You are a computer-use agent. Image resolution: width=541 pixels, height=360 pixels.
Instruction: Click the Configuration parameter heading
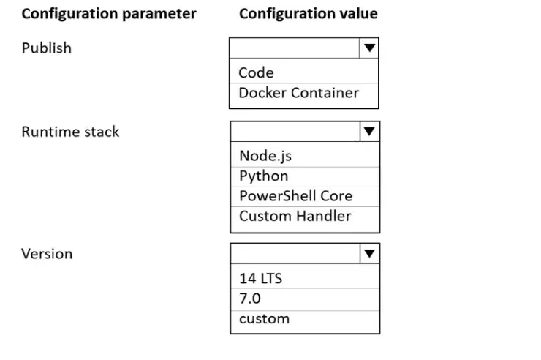(109, 14)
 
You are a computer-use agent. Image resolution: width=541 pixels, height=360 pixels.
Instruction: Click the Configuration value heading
(309, 14)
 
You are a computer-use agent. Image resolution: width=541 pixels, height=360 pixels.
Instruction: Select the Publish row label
(47, 48)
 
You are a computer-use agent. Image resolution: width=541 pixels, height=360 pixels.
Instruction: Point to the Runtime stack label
(70, 132)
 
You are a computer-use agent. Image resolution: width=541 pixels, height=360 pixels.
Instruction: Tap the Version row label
(47, 254)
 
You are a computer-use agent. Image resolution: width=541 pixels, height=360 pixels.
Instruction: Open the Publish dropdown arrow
(369, 48)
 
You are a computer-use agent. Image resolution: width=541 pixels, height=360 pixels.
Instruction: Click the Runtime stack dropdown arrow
(369, 131)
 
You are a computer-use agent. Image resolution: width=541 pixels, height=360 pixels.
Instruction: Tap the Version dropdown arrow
(369, 254)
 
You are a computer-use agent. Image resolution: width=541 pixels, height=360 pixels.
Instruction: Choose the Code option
(256, 73)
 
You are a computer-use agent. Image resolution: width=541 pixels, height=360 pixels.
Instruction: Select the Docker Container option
(299, 93)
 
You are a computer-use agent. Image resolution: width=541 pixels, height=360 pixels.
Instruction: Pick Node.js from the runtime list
(265, 156)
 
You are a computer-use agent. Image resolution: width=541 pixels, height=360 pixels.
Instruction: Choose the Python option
(264, 176)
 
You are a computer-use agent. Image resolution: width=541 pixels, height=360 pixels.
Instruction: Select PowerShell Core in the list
(296, 196)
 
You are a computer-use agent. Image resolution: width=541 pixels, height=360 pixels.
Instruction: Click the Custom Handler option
(295, 216)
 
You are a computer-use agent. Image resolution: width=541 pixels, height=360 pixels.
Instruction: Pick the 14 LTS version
(261, 279)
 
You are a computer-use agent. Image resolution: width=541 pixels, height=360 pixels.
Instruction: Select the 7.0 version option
(250, 299)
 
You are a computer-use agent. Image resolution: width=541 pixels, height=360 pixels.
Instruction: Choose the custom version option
(265, 319)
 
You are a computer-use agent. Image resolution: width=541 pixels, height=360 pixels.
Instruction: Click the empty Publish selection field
(295, 48)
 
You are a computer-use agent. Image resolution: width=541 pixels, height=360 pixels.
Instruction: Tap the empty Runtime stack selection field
(295, 131)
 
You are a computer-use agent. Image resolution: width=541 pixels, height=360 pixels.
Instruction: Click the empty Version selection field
(295, 254)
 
